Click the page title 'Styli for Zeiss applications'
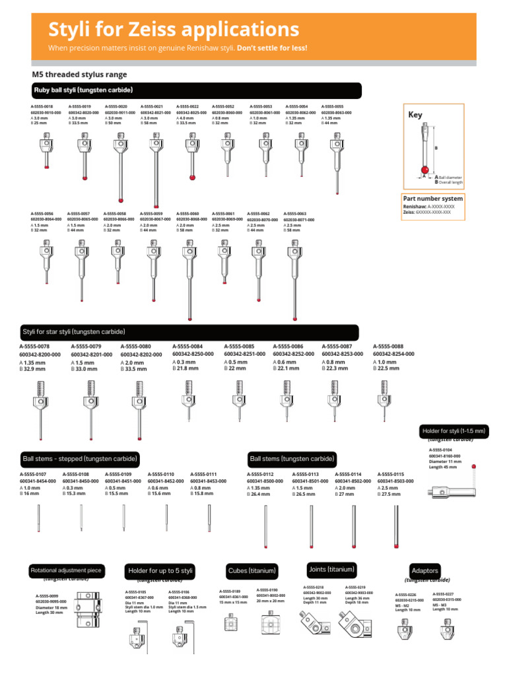click(x=174, y=30)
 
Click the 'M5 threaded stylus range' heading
click(x=79, y=75)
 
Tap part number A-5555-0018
click(x=42, y=106)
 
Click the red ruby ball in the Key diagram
click(x=425, y=172)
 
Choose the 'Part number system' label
click(x=432, y=198)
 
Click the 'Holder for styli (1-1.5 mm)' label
click(x=454, y=431)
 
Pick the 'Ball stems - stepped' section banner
click(x=79, y=458)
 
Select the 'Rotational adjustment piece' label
click(x=66, y=570)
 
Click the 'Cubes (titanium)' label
click(x=252, y=570)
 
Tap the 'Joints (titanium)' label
click(x=331, y=569)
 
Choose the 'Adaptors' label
click(x=424, y=570)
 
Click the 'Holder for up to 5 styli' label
click(x=160, y=570)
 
